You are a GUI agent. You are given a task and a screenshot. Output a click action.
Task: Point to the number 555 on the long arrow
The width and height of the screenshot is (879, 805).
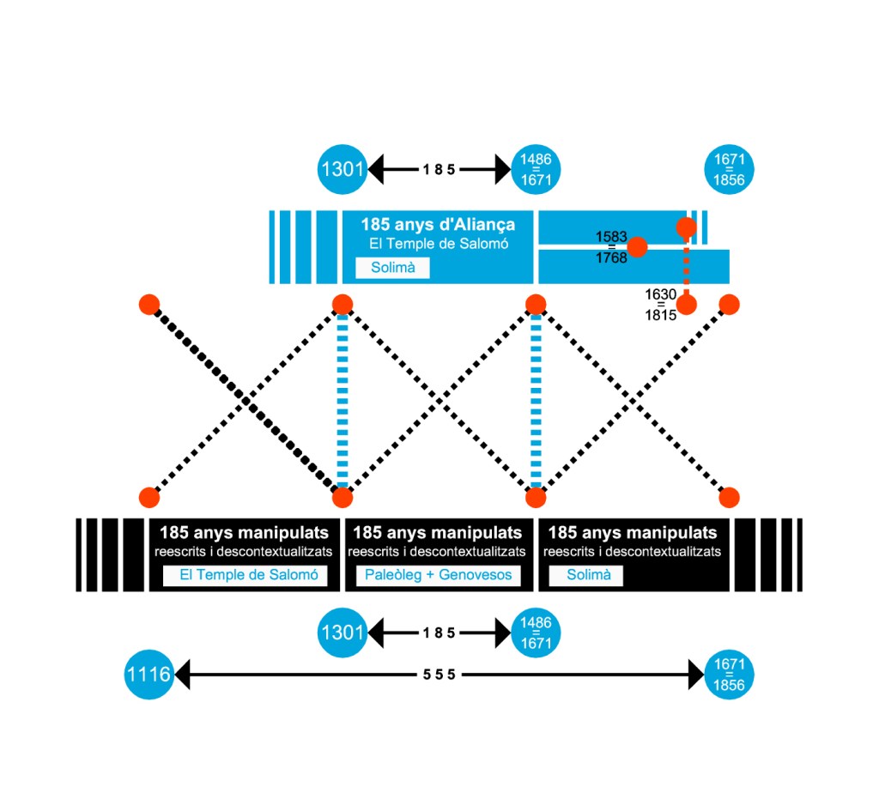click(439, 675)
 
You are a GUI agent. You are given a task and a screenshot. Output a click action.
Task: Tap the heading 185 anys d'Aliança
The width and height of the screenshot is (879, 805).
click(438, 225)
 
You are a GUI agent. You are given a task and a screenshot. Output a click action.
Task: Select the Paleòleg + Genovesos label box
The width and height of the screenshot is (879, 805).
click(438, 575)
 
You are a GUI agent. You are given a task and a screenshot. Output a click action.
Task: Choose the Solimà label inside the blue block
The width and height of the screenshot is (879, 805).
click(392, 268)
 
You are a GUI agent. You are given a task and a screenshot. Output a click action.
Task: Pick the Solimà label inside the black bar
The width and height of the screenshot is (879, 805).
click(585, 575)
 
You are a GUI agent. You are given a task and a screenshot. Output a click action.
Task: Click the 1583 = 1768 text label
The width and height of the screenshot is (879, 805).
click(612, 247)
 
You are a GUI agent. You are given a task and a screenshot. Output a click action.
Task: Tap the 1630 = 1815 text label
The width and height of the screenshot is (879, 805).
click(661, 304)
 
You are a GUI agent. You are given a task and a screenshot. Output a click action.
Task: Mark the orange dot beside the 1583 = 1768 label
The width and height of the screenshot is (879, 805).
click(638, 247)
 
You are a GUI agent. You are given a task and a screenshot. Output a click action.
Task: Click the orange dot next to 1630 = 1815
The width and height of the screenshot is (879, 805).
click(686, 304)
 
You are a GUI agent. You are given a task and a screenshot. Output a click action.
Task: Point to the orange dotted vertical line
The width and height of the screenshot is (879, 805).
click(686, 266)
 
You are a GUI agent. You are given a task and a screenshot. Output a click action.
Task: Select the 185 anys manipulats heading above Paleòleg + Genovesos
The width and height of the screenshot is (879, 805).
click(438, 533)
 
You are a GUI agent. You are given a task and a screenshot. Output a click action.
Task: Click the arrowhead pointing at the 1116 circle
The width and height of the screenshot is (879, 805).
click(182, 675)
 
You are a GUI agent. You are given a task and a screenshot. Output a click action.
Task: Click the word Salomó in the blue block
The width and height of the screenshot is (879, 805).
click(486, 244)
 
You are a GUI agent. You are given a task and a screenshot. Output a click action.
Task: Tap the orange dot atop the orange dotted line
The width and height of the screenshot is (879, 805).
click(686, 227)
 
